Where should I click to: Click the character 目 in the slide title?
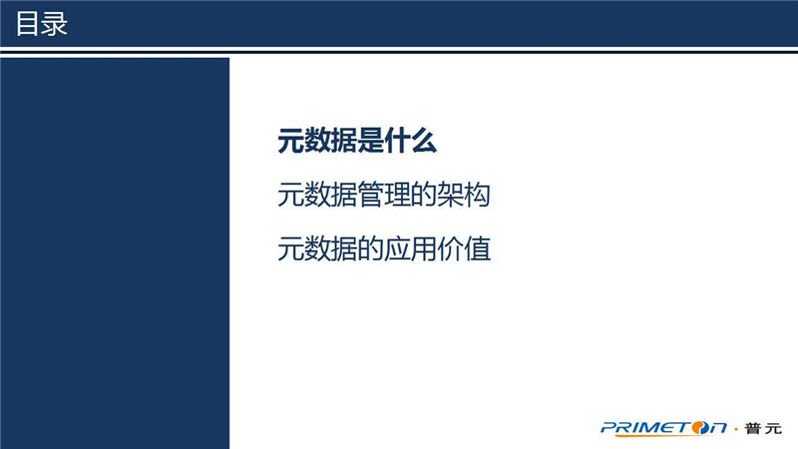coord(28,24)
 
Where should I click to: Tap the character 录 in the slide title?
coord(55,24)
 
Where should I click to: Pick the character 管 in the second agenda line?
coord(370,195)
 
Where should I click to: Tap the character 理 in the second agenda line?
coord(397,195)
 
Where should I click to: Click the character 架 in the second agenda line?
coord(451,195)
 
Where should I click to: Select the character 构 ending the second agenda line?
coord(478,195)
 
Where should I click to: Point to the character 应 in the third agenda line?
coord(397,248)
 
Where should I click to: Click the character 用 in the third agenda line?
coord(424,248)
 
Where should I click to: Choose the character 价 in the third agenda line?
coord(451,248)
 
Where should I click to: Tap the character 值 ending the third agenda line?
coord(478,248)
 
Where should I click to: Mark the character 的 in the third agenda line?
coord(370,248)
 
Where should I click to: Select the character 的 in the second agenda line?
coord(424,195)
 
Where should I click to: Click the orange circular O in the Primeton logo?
coord(702,428)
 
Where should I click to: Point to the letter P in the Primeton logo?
coord(608,428)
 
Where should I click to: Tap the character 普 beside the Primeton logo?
coord(751,428)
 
